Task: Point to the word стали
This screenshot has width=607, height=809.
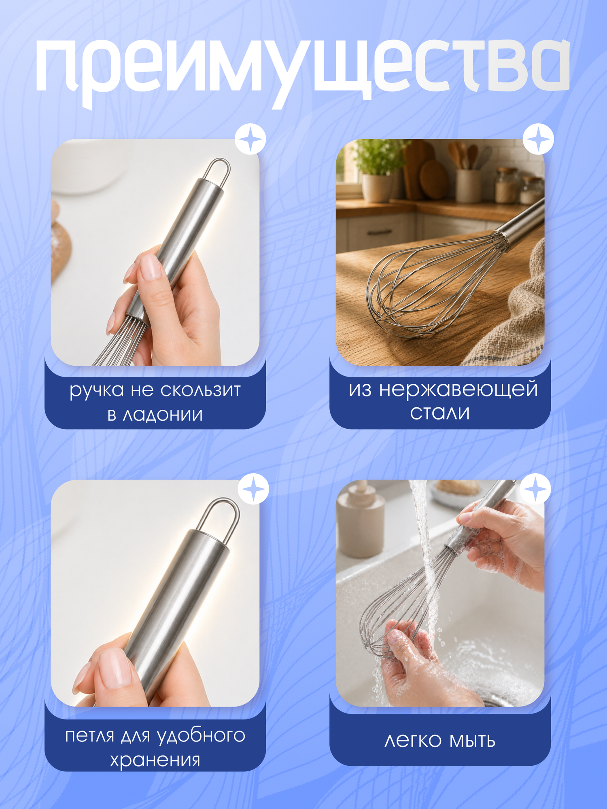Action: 440,413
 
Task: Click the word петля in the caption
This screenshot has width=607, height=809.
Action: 90,735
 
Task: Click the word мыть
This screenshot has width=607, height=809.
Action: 472,741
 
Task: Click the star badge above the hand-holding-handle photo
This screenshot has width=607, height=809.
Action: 250,139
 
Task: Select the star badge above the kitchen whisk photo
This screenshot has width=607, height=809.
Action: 538,139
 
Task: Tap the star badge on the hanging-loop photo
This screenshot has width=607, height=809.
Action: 253,489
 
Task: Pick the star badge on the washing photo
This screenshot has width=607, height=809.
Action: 535,489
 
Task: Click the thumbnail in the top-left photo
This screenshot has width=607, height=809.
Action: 151,267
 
